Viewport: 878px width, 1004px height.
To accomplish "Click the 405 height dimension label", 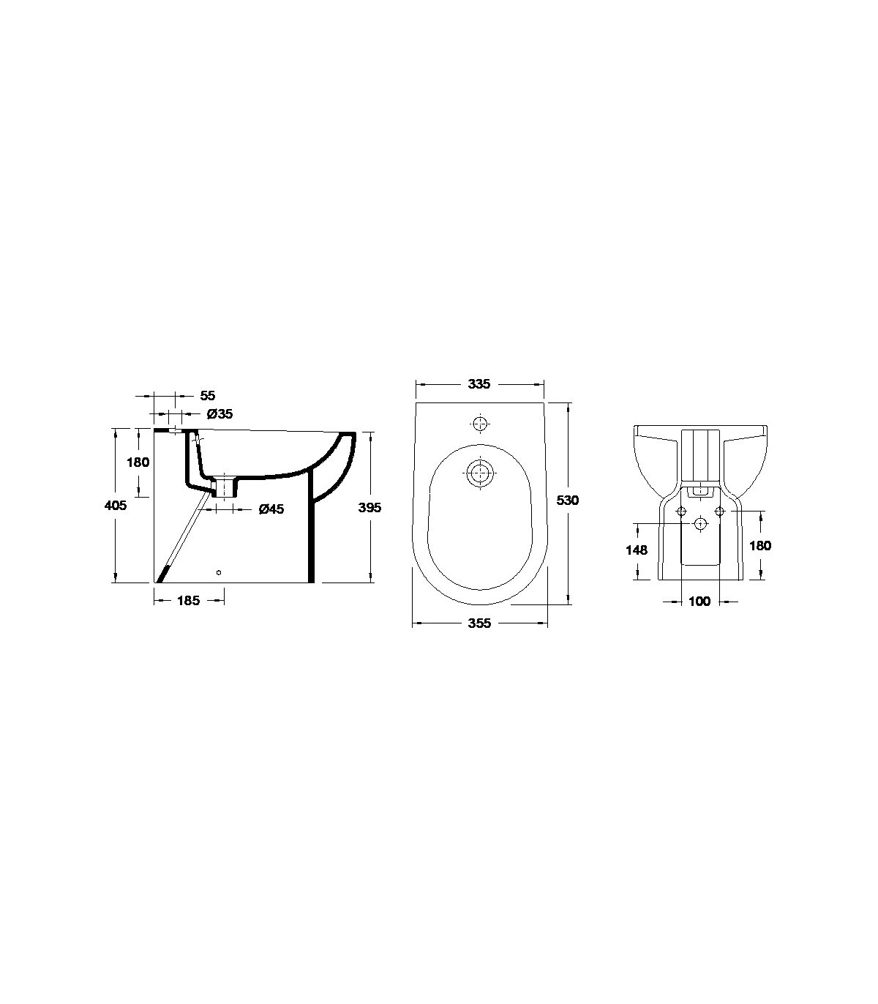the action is pos(116,505).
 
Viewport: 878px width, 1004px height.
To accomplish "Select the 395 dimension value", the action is pos(369,508).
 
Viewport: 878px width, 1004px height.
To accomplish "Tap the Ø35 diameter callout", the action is pos(219,414).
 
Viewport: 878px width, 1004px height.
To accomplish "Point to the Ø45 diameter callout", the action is pos(271,509).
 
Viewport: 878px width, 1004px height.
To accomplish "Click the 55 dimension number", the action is pos(208,395).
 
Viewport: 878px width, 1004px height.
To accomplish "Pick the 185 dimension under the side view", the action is pos(188,601).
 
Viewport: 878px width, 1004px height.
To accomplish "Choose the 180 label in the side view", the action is pos(138,462).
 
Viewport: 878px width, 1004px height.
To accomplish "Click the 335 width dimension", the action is pos(479,384).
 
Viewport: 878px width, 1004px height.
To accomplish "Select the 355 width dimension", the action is pos(479,623).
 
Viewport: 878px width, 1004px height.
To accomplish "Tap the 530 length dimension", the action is pos(568,500).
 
